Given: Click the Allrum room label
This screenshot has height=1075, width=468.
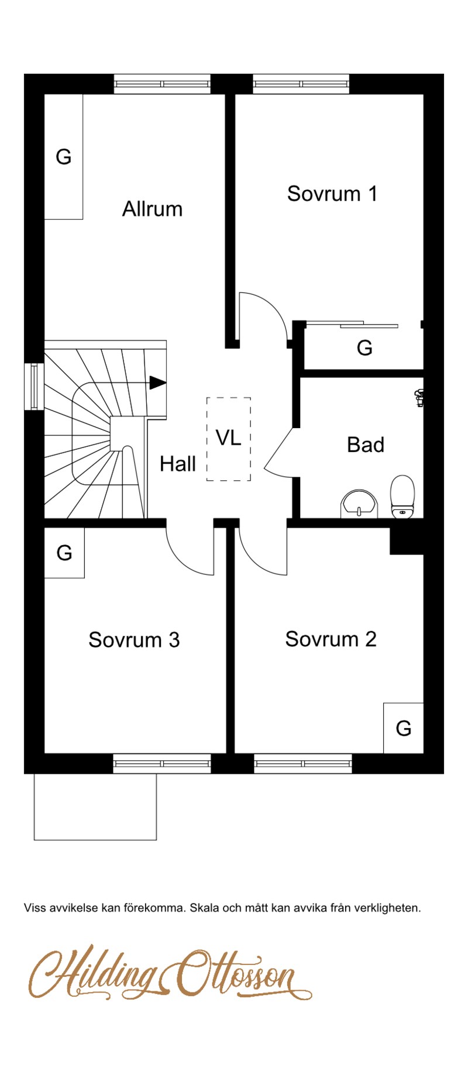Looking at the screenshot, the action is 152,209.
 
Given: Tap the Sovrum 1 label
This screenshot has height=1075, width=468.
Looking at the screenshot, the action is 332,194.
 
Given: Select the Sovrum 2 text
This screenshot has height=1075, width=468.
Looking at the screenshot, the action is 331,639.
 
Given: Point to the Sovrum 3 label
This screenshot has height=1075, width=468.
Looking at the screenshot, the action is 134,640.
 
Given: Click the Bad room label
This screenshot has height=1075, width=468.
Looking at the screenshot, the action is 366,445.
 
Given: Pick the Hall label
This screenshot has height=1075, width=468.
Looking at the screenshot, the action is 178,464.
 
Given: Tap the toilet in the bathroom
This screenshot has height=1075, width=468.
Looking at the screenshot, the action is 402,497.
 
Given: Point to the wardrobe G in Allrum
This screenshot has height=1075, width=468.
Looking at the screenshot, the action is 64,157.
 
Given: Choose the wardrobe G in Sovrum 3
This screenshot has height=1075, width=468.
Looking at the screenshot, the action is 64,553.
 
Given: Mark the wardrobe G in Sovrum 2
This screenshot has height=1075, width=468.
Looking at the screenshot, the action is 403,728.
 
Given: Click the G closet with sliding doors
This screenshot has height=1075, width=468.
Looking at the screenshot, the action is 363,347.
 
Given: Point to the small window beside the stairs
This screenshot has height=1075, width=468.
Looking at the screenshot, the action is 34,386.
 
